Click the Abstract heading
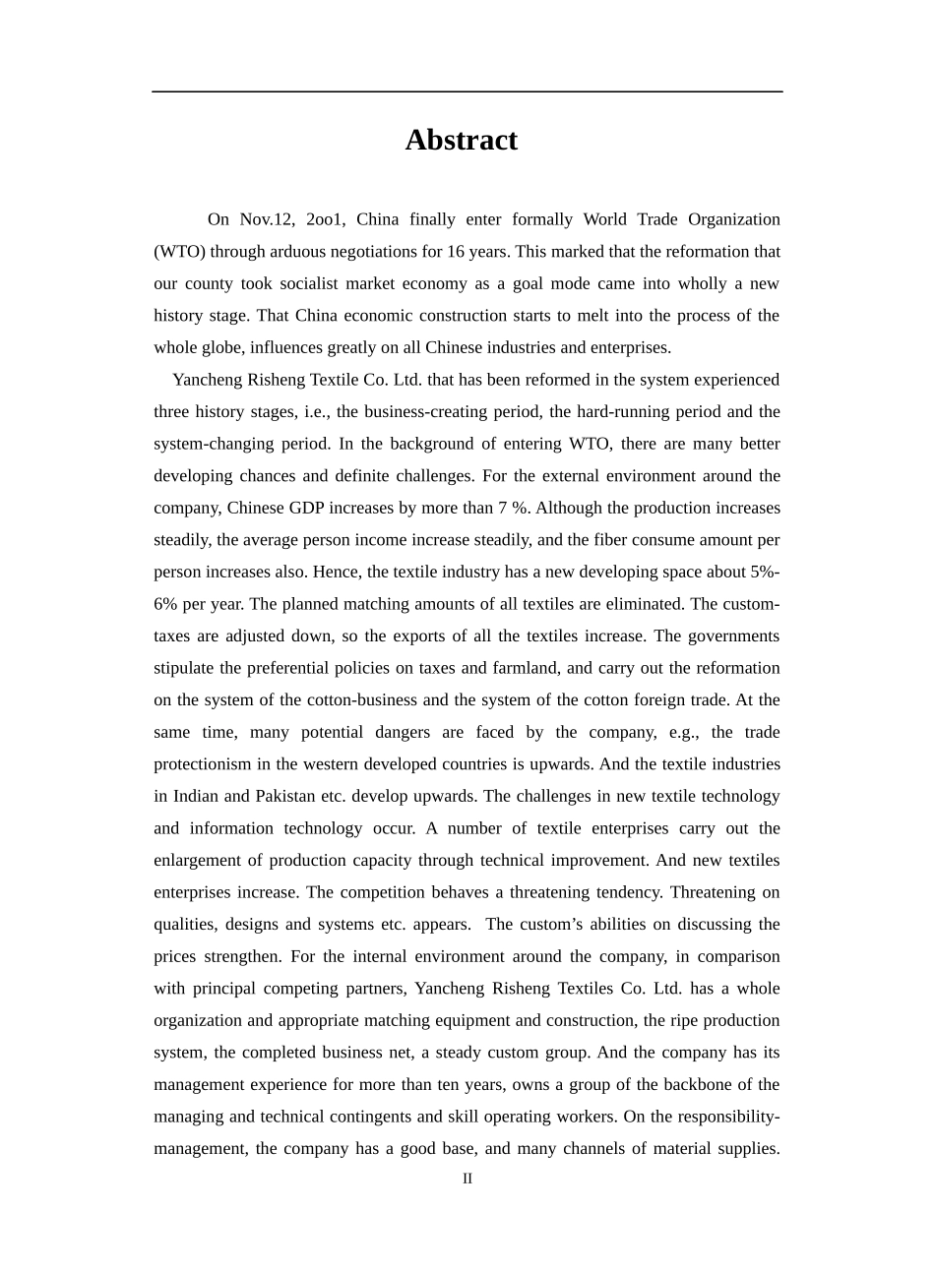point(461,141)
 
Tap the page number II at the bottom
point(467,1179)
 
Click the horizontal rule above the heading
point(467,91)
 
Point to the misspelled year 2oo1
point(325,219)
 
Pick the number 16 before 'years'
point(457,252)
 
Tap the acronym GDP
point(312,509)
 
